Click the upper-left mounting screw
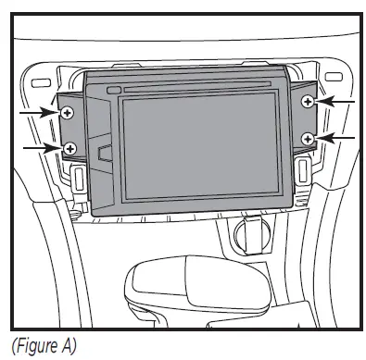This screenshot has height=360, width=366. click(x=68, y=112)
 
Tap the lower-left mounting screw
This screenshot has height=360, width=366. click(x=70, y=148)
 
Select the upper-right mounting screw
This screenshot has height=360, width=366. click(x=309, y=102)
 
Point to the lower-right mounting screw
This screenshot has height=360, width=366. click(x=308, y=138)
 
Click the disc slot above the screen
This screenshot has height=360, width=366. click(x=200, y=89)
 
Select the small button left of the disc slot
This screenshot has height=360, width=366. click(x=113, y=90)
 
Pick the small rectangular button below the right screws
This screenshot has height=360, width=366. click(x=302, y=168)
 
